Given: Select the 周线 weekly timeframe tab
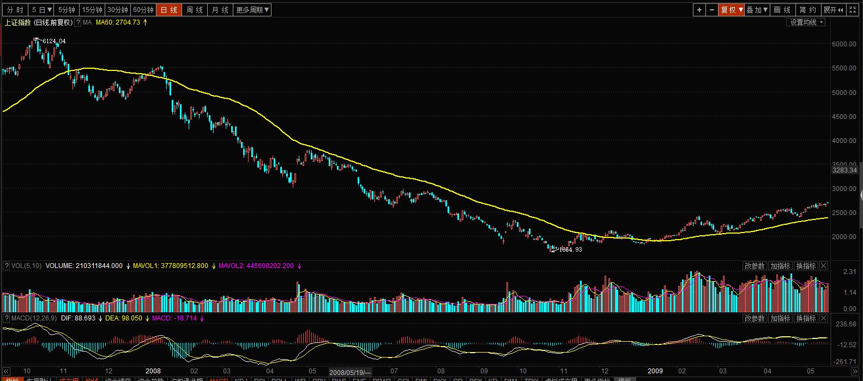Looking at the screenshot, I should [x=194, y=10].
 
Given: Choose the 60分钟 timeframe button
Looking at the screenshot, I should [x=143, y=10].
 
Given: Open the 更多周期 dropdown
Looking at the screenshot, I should [x=252, y=10].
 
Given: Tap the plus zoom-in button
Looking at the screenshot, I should [x=699, y=10].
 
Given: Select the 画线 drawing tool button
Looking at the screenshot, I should [x=782, y=10].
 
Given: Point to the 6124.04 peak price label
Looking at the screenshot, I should [x=54, y=41].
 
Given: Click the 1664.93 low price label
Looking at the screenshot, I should [x=571, y=250].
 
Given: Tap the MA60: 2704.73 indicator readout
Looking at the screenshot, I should [x=118, y=22].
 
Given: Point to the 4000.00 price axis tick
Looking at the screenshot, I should [x=844, y=141].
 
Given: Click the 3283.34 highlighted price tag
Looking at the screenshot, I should [x=844, y=170].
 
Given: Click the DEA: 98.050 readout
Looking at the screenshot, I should [x=124, y=318].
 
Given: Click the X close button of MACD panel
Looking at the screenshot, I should [x=824, y=318].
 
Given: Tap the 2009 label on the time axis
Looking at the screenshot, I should [x=655, y=371].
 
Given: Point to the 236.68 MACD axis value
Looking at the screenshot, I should [x=846, y=324].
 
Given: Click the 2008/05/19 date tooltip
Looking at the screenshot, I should [x=349, y=372].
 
